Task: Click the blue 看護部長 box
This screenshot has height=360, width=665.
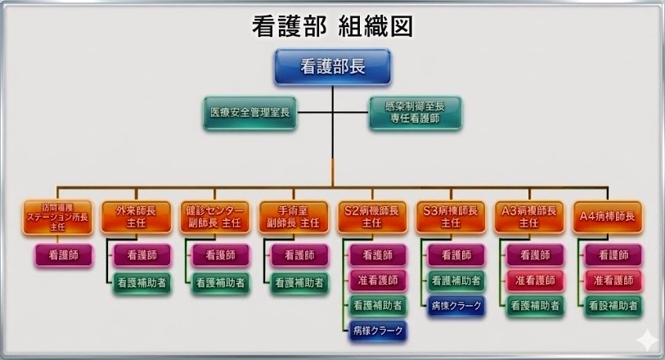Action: (332, 67)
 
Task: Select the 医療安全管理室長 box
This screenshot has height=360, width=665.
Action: (249, 112)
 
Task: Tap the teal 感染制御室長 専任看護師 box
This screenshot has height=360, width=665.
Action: (415, 112)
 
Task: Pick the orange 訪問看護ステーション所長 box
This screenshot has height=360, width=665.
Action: (56, 216)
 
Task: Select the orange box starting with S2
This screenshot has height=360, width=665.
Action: (372, 216)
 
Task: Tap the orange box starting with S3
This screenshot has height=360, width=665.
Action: (451, 216)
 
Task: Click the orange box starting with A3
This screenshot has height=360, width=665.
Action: (529, 216)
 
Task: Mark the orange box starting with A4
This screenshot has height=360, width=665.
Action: (608, 216)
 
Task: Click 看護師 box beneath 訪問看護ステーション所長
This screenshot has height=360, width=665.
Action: (63, 255)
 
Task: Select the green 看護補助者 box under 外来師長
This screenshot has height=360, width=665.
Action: (142, 281)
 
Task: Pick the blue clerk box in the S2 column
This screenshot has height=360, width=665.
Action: (377, 331)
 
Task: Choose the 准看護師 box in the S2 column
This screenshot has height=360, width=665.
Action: (377, 281)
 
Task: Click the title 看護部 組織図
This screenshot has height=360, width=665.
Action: (332, 25)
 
